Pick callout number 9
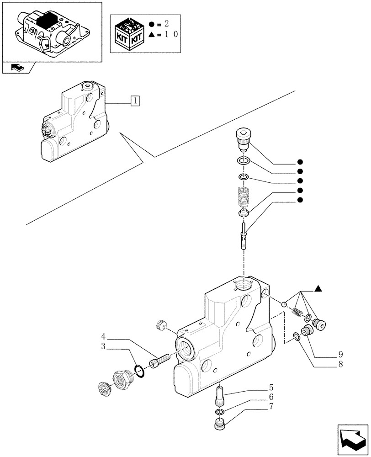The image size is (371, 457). [x=341, y=355]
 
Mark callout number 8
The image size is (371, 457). [x=341, y=364]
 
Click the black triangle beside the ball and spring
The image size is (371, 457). [x=318, y=288]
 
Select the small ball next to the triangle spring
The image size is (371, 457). [x=284, y=305]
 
